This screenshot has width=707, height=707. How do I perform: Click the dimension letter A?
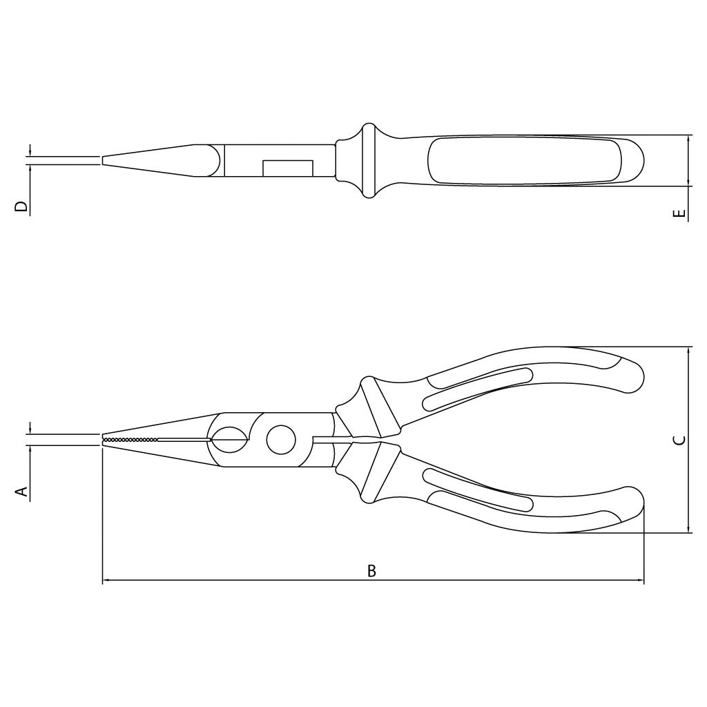(21, 492)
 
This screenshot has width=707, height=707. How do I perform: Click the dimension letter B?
(371, 571)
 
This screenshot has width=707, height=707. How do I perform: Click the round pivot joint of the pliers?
(281, 439)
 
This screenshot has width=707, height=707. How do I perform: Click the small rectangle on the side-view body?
(288, 168)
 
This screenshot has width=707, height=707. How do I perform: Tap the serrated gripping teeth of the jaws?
(130, 439)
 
